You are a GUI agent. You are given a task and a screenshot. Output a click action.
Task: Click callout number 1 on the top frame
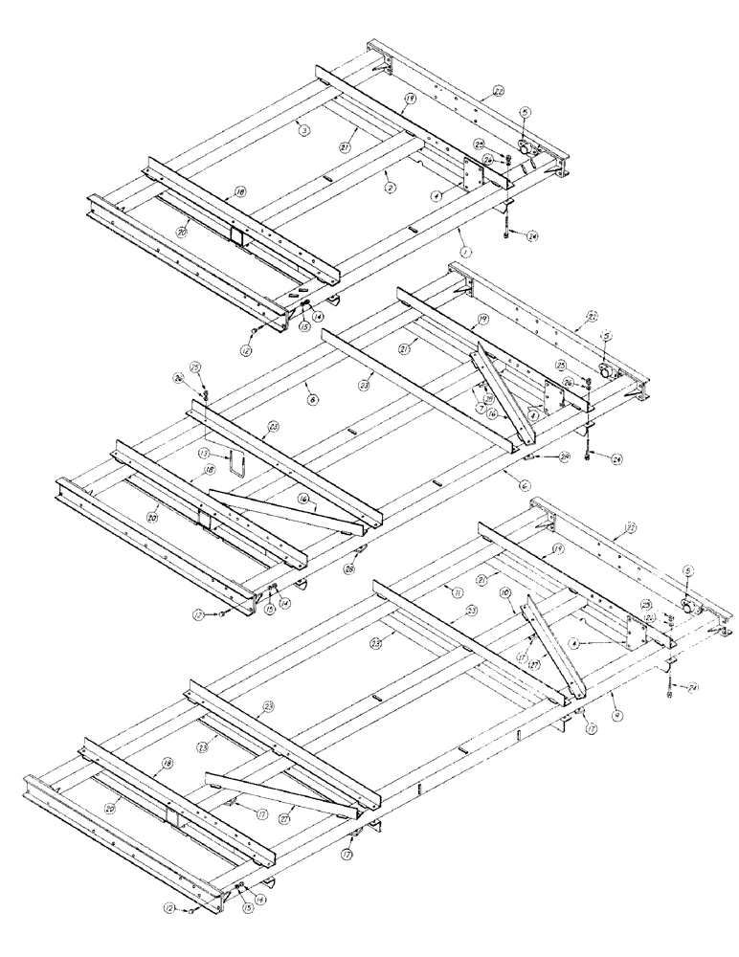click(x=465, y=252)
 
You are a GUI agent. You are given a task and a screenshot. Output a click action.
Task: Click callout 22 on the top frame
click(x=499, y=91)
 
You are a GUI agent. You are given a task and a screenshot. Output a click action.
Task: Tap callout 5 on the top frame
click(x=524, y=113)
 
